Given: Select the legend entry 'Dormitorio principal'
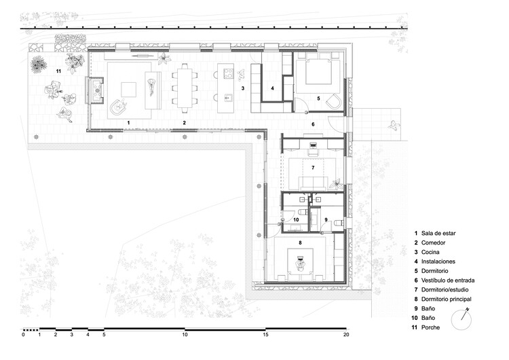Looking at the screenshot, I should click(446, 299).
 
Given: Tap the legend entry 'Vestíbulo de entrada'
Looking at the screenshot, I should click(447, 280).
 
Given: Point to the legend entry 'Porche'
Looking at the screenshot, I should click(430, 327).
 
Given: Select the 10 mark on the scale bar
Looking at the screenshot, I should click(185, 335).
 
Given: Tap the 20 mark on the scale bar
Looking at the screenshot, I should click(346, 335).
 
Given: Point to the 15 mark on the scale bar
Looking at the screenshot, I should click(265, 335).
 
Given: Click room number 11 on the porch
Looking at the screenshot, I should click(58, 71).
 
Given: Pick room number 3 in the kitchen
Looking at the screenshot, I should click(242, 89).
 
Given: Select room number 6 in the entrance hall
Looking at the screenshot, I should click(313, 124).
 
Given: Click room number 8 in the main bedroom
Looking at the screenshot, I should click(299, 242).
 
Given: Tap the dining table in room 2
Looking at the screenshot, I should click(185, 86).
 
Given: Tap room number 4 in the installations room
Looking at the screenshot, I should click(272, 89).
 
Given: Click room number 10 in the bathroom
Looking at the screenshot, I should click(297, 219).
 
